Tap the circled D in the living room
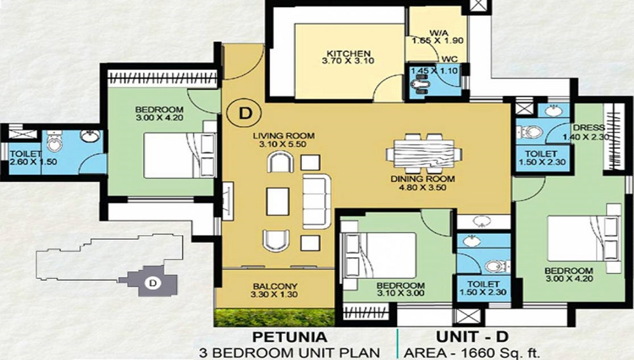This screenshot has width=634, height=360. (245, 113)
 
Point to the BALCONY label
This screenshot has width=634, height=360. (275, 286)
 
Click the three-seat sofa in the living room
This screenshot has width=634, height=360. (316, 202)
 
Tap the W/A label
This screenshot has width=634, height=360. (437, 33)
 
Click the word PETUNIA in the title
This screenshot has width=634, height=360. (289, 337)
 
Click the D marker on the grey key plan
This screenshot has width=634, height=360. (152, 283)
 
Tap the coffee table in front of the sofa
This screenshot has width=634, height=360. (278, 202)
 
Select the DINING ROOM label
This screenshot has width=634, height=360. (422, 179)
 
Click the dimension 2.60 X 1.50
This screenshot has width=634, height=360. (32, 162)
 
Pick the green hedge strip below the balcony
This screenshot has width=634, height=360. (275, 318)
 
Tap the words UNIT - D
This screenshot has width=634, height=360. (472, 337)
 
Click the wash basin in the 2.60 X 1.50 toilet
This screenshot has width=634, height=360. (90, 136)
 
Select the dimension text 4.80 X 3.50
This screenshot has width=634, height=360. (422, 187)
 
